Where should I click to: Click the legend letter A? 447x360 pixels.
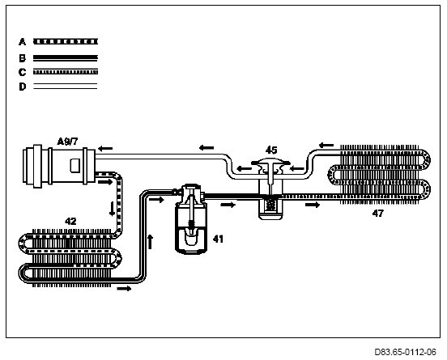click(22, 42)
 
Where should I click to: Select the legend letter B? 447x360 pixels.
click(22, 58)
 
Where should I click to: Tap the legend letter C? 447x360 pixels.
click(22, 72)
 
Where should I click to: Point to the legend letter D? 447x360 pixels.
click(22, 87)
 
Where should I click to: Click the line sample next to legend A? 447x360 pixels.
click(66, 42)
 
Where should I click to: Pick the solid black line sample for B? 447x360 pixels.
click(66, 58)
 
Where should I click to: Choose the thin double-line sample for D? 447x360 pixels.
click(66, 87)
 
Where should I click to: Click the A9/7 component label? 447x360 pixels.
click(67, 142)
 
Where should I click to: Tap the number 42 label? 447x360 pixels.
click(70, 221)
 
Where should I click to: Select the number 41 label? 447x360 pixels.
click(218, 239)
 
